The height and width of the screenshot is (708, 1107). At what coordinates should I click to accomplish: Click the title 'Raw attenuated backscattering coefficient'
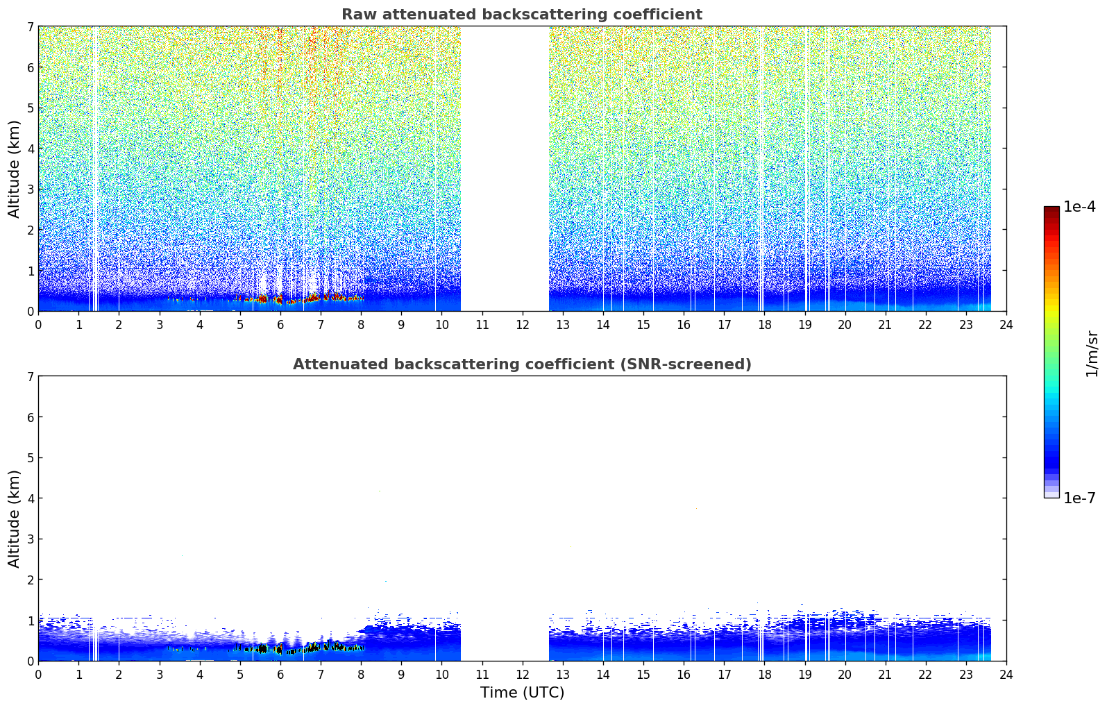[x=522, y=15]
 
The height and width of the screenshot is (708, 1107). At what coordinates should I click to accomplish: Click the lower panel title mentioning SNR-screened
[x=522, y=364]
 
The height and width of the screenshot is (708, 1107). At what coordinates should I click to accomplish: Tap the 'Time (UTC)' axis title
[x=522, y=693]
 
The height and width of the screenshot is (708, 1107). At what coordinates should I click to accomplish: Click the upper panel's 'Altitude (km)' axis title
[x=14, y=169]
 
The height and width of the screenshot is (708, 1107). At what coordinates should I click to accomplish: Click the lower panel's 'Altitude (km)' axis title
[x=14, y=519]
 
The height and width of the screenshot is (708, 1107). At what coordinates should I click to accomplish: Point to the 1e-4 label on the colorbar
[x=1079, y=207]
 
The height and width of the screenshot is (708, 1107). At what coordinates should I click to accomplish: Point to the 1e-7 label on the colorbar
[x=1079, y=498]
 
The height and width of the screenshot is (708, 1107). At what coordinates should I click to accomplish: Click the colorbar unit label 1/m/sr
[x=1092, y=355]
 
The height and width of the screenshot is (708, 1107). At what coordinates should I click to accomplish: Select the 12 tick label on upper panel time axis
[x=523, y=325]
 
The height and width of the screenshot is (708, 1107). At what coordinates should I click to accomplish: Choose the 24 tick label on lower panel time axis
[x=1006, y=675]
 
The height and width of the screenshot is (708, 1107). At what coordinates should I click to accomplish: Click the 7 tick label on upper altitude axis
[x=30, y=26]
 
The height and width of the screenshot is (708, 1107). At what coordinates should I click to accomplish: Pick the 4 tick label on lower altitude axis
[x=30, y=498]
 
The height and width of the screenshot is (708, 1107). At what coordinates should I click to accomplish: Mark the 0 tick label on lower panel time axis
[x=39, y=675]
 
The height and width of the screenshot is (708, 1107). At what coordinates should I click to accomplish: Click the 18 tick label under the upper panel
[x=765, y=325]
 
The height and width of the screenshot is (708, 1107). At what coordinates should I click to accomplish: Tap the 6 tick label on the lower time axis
[x=280, y=675]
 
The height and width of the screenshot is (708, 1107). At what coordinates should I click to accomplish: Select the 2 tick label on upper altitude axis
[x=30, y=230]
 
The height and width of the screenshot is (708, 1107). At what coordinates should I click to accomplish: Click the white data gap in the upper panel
[x=505, y=169]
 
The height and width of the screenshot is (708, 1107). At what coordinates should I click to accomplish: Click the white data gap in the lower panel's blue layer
[x=505, y=638]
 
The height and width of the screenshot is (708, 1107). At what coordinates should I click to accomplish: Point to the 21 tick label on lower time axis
[x=885, y=675]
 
